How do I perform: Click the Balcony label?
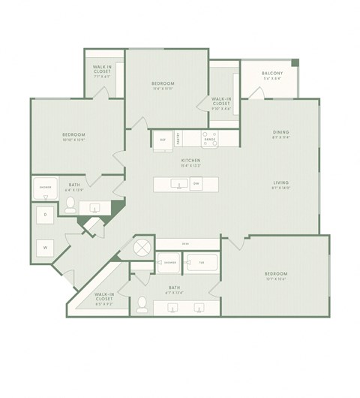pyautogui.click(x=271, y=73)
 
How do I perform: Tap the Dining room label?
pyautogui.click(x=280, y=133)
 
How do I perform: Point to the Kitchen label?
pyautogui.click(x=189, y=161)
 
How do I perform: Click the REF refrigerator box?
pyautogui.click(x=163, y=140)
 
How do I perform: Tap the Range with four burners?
pyautogui.click(x=210, y=138)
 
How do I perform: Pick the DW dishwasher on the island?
pyautogui.click(x=196, y=184)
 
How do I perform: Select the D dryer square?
pyautogui.click(x=45, y=216)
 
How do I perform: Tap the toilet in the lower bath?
pyautogui.click(x=142, y=304)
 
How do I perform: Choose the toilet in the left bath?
pyautogui.click(x=70, y=204)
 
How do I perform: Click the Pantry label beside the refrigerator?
pyautogui.click(x=178, y=139)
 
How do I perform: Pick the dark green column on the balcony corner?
pyautogui.click(x=295, y=62)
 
